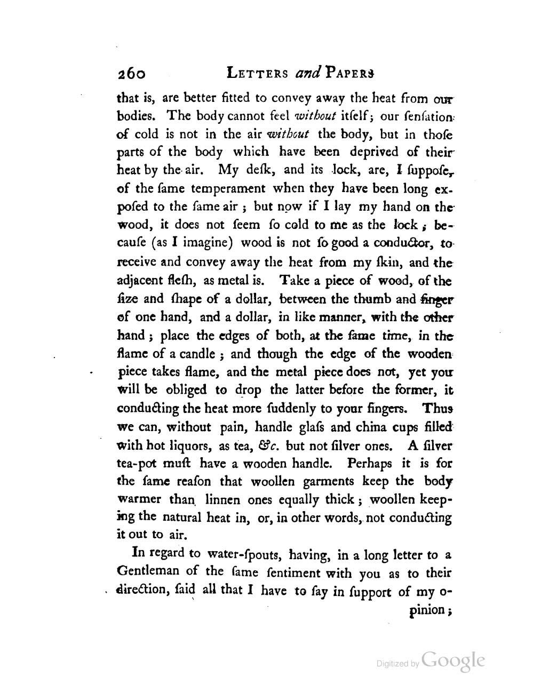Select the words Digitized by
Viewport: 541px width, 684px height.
(x=397, y=664)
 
